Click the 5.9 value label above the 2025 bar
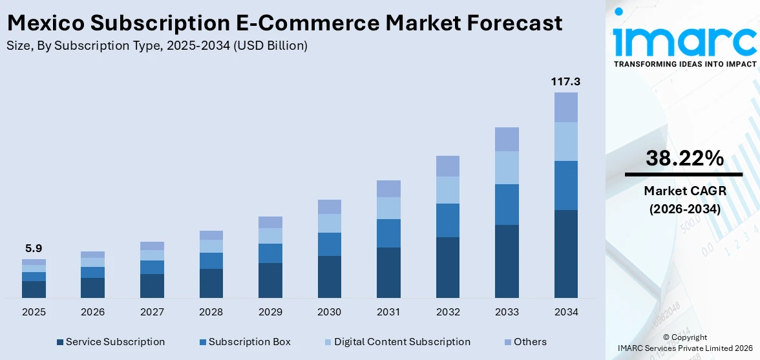pos(34,248)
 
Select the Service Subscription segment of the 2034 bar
pos(566,253)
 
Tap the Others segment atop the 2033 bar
pos(507,139)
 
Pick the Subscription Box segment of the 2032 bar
pos(447,220)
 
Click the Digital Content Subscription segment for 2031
pos(388,207)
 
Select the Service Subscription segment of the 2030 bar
pos(329,277)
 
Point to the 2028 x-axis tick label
pos(211,312)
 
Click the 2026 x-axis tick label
pos(92,312)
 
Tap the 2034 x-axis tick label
pos(566,312)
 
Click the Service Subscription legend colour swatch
pos(60,342)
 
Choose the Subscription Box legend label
pos(249,342)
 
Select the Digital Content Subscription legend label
pos(402,342)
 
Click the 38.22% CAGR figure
pos(684,158)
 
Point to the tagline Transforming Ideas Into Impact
pos(684,64)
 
